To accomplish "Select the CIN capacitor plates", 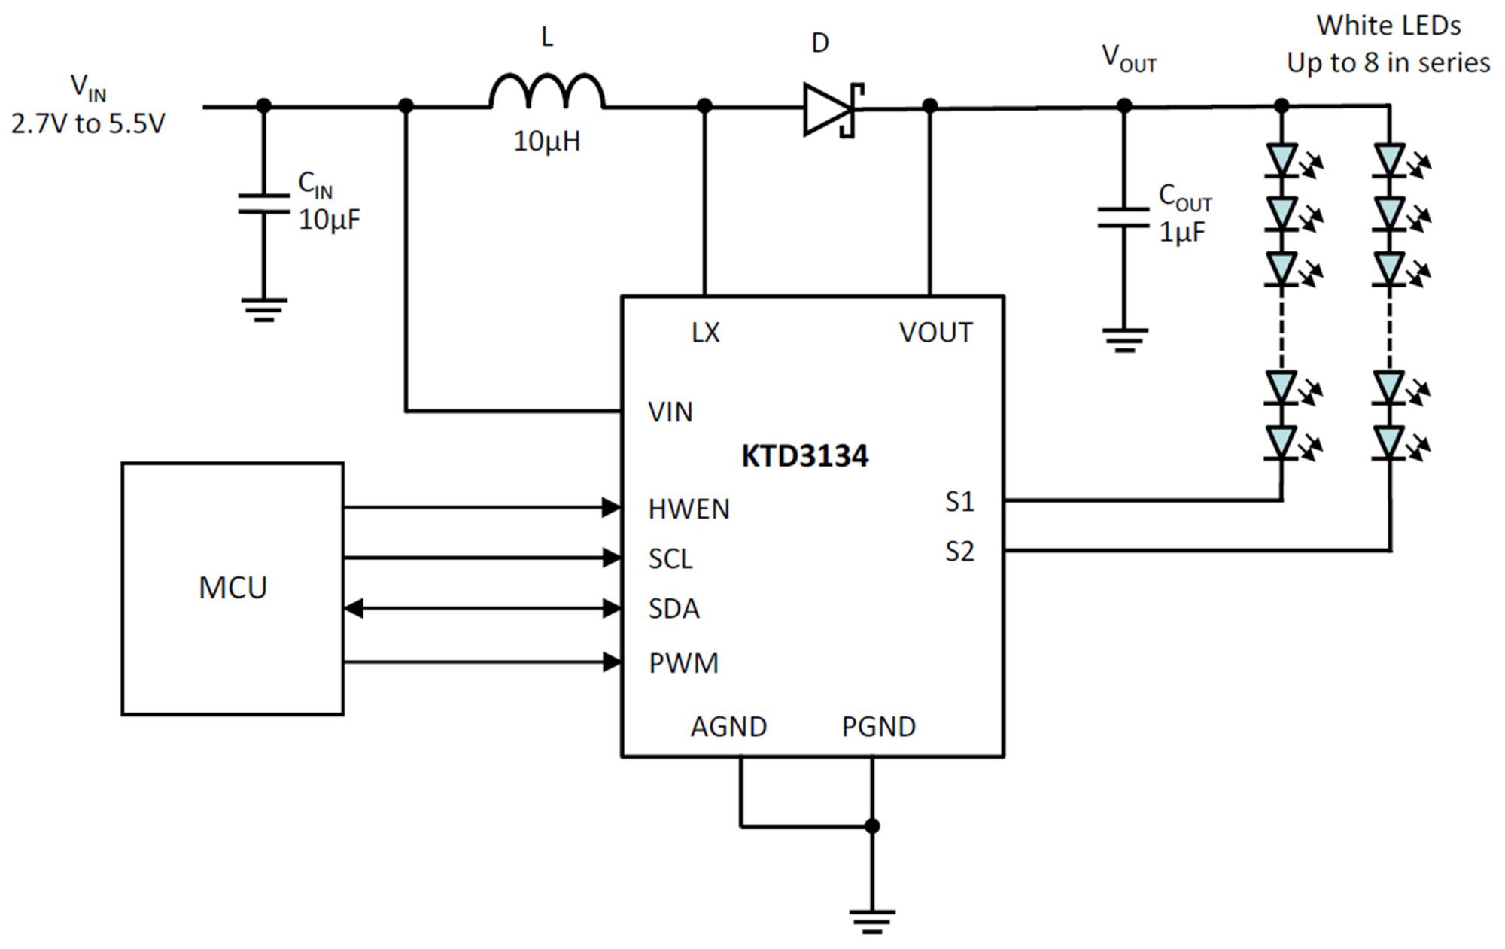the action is pos(263,203).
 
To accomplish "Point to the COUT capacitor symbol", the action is pos(1123,217).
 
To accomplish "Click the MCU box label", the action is pos(233,588).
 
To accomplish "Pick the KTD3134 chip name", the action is pos(804,456).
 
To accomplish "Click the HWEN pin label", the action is pos(689,509).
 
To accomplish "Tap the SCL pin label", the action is pos(670,559).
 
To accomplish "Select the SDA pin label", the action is pos(674,609).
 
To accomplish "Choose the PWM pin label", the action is pos(683,663).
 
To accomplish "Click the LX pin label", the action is pos(705,333).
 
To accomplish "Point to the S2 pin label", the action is pos(959,552).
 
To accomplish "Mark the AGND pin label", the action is pos(728,727).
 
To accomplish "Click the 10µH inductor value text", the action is pos(547,141).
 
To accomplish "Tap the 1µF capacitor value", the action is pos(1181,233).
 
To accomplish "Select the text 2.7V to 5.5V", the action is pos(88,123).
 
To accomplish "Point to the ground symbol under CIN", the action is pos(263,310).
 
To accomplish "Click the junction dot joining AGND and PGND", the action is pos(872,826).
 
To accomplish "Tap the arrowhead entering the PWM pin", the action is pos(612,662).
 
